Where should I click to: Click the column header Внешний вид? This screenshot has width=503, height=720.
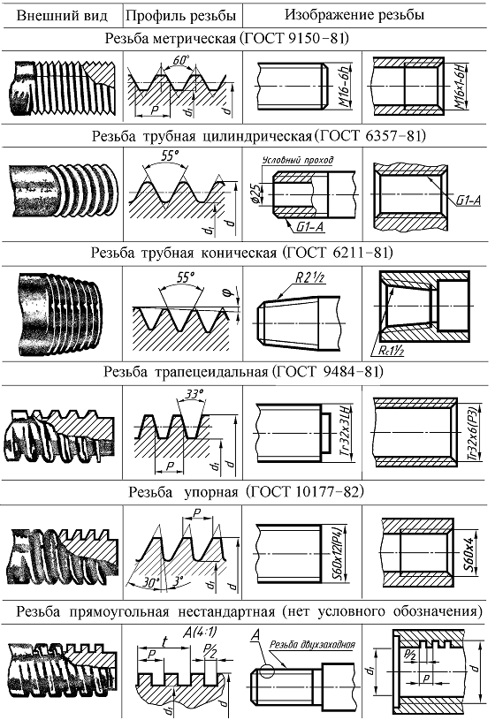[x=62, y=16]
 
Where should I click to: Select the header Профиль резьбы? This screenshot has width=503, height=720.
[x=180, y=16]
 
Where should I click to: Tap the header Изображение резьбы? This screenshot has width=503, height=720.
[x=354, y=15]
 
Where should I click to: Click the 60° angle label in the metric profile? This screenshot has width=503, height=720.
[x=181, y=60]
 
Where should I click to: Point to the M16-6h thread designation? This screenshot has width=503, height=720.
[x=345, y=86]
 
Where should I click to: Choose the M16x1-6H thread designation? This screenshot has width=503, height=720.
[x=460, y=86]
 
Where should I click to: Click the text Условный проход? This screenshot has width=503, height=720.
[x=297, y=160]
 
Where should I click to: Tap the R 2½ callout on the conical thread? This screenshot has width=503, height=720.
[x=310, y=278]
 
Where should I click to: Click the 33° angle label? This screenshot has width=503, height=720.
[x=194, y=394]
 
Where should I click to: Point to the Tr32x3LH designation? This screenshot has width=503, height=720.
[x=345, y=432]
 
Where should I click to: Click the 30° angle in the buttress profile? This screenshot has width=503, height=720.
[x=149, y=582]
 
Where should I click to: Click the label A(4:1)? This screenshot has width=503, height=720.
[x=200, y=633]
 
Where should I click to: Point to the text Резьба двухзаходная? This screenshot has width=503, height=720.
[x=312, y=645]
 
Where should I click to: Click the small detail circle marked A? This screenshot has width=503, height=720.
[x=266, y=670]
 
